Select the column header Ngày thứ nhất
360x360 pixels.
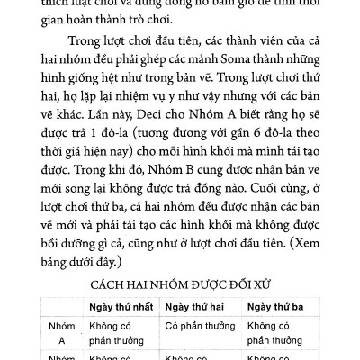[x=120, y=304]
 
